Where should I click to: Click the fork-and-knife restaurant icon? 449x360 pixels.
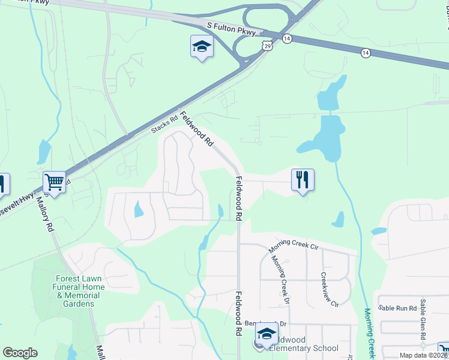tap(303, 179)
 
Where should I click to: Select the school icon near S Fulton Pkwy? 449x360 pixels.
tap(202, 46)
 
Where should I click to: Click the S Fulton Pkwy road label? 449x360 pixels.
tap(231, 28)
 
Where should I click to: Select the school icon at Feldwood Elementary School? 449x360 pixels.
tap(267, 334)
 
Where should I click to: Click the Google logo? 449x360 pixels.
tap(20, 353)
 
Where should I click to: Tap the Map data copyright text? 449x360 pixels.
tap(423, 355)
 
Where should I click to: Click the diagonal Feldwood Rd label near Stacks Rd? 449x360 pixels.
tap(197, 130)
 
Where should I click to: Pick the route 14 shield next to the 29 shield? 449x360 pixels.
tap(288, 38)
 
